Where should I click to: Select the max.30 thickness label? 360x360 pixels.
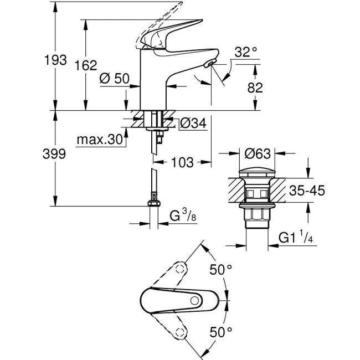click(x=100, y=140)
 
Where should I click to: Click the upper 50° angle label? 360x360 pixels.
click(x=220, y=270)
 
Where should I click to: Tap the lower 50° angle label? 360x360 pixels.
click(x=220, y=332)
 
